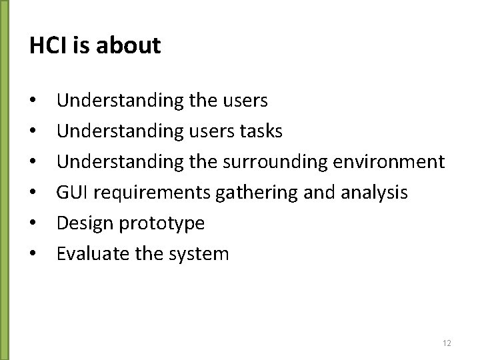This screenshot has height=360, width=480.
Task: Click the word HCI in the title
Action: pyautogui.click(x=48, y=46)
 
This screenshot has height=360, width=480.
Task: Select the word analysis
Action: pyautogui.click(x=375, y=193)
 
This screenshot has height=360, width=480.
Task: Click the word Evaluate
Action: pyautogui.click(x=87, y=254)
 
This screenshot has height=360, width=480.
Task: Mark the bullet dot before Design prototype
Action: pyautogui.click(x=33, y=224)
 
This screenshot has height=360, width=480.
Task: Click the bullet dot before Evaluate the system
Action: pyautogui.click(x=33, y=255)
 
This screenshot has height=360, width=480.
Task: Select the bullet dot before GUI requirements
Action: pyautogui.click(x=33, y=193)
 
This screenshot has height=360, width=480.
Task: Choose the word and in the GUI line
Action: pyautogui.click(x=315, y=193)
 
